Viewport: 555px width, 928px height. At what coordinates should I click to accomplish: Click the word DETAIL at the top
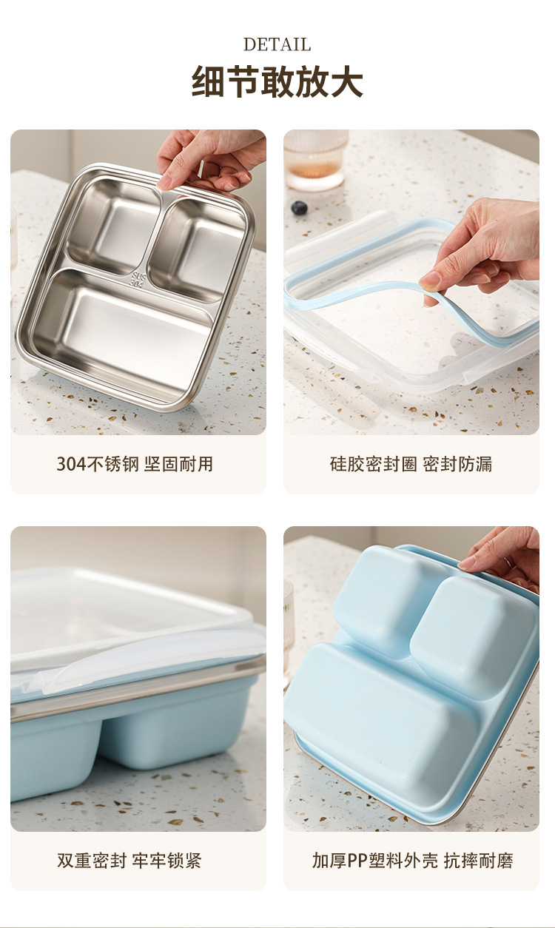coord(277,44)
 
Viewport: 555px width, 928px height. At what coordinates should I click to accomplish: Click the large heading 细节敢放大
coord(277,81)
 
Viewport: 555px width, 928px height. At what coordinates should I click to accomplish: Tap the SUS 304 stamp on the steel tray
coord(137,280)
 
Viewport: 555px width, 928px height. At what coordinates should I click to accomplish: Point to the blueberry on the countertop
coord(299,208)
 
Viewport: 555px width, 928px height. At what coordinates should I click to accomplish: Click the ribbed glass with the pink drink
coord(315,160)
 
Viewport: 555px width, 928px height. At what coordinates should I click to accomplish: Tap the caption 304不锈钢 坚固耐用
coord(135,464)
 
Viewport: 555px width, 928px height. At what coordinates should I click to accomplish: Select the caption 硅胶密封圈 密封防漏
coord(411,464)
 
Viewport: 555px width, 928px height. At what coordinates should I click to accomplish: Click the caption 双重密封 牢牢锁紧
coord(129,861)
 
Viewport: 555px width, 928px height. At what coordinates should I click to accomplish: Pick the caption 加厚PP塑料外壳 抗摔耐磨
coord(412,861)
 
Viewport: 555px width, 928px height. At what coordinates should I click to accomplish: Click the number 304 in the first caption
coord(72,465)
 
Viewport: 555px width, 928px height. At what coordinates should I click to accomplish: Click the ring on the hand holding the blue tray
coord(508,562)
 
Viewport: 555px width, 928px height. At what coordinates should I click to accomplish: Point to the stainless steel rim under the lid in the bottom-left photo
coord(137,684)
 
